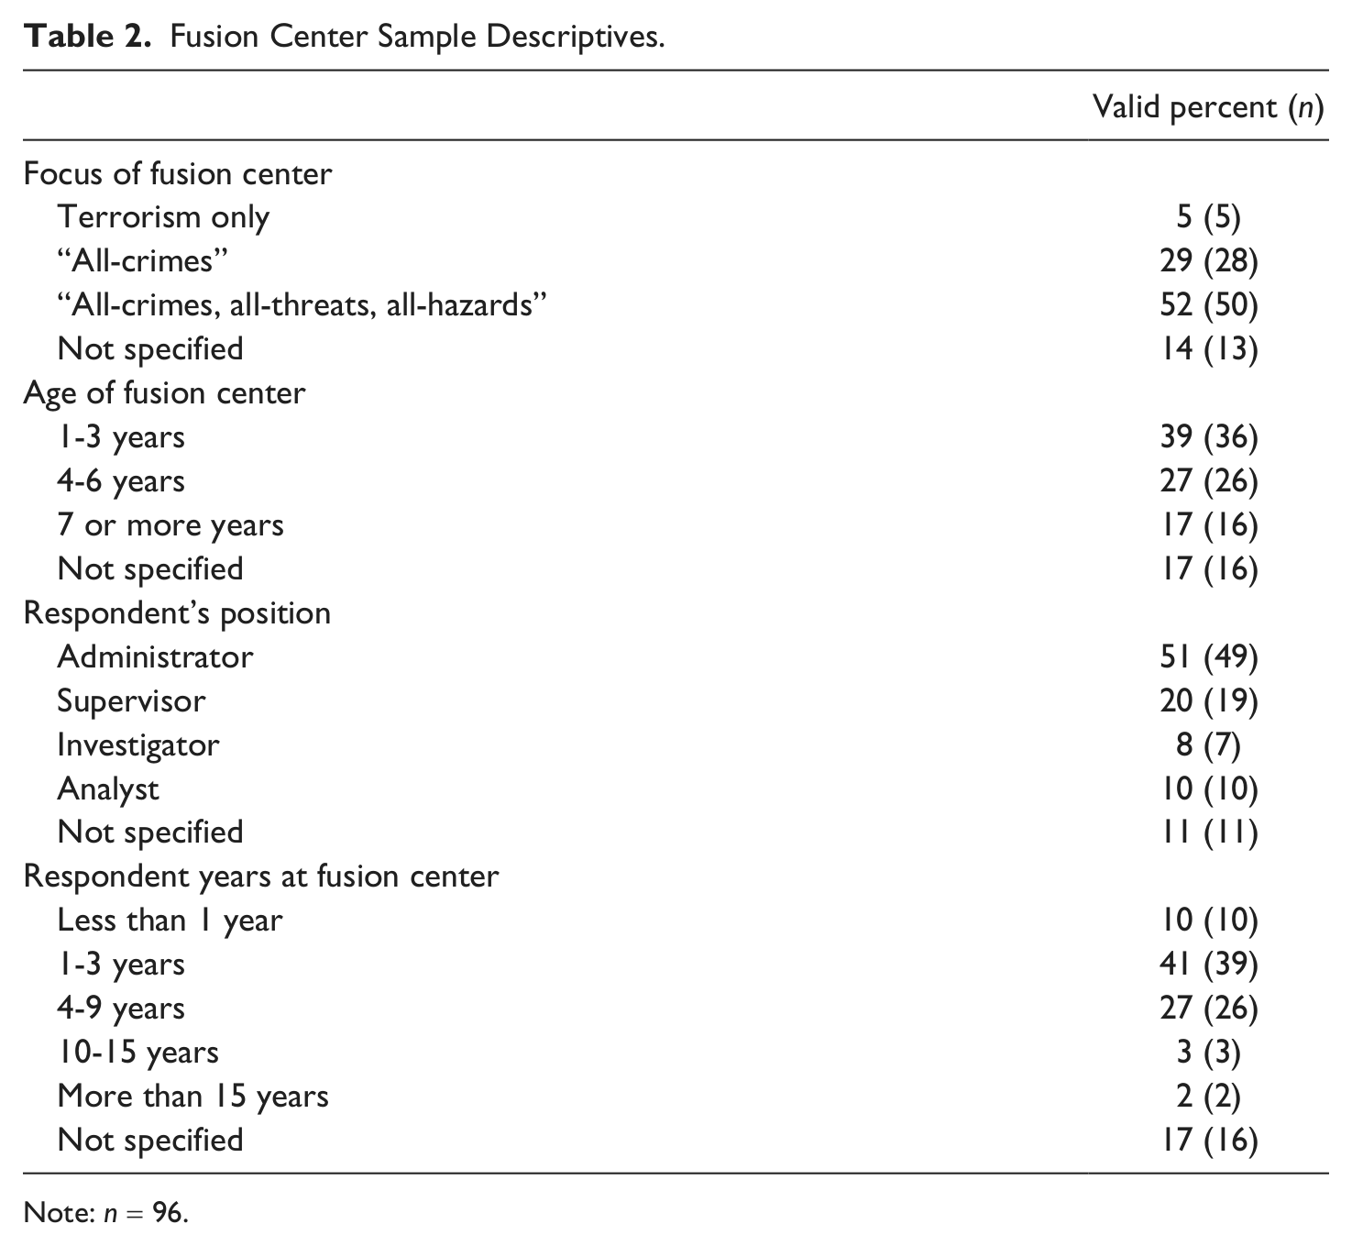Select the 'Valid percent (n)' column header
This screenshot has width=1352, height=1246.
pos(1208,107)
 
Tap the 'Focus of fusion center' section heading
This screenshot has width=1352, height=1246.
pos(177,174)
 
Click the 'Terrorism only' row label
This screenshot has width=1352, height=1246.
pos(164,218)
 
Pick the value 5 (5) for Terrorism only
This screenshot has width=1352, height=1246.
pos(1208,218)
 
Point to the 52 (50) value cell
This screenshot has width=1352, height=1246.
pos(1208,305)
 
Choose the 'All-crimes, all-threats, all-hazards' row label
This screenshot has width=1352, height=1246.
pos(302,305)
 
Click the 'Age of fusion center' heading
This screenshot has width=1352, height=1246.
pos(164,393)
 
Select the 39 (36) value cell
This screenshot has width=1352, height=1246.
pos(1208,437)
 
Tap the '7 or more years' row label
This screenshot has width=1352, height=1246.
pos(170,525)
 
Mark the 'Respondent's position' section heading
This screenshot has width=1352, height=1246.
pos(177,612)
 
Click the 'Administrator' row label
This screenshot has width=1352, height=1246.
pos(156,656)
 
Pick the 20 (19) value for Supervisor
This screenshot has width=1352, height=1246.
pos(1208,701)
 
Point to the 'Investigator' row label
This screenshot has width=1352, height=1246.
pos(138,745)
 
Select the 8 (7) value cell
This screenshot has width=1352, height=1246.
pos(1208,745)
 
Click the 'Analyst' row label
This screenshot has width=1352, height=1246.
pos(108,788)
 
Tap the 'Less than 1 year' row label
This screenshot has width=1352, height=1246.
pos(170,921)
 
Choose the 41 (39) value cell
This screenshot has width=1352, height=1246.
pos(1208,965)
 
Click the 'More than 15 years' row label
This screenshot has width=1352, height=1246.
pos(193,1097)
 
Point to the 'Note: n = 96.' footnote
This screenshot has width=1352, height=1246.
pos(106,1213)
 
